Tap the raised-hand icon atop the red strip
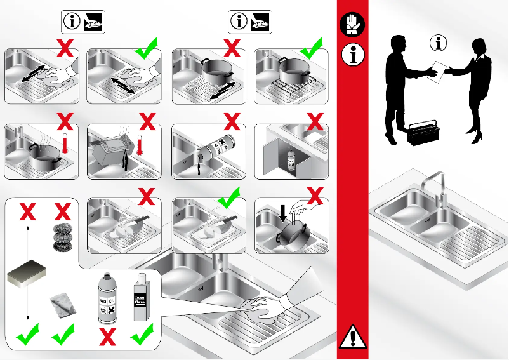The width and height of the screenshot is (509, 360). click(352, 25)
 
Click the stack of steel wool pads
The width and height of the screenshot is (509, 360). click(62, 238)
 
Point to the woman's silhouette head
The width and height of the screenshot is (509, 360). click(477, 47)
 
